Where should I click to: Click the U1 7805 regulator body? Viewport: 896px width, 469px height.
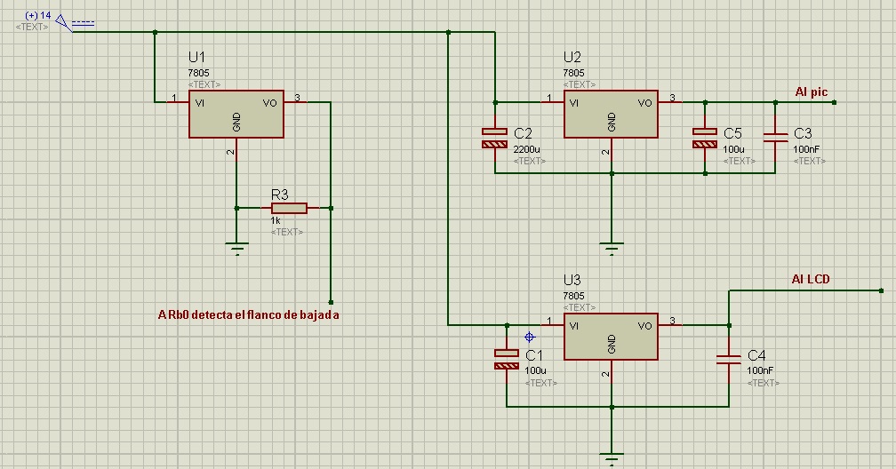[236, 115]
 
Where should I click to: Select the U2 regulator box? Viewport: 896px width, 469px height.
[611, 115]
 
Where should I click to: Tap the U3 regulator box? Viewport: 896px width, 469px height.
[611, 337]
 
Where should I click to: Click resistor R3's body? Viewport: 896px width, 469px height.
[289, 208]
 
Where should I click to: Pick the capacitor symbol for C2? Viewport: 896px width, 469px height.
[495, 138]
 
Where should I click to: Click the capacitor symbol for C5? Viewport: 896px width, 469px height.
[705, 138]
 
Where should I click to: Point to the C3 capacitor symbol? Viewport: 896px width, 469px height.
[775, 137]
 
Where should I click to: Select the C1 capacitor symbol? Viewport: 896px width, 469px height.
[507, 359]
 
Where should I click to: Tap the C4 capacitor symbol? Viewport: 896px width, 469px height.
[729, 359]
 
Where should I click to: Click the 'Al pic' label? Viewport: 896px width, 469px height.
[811, 92]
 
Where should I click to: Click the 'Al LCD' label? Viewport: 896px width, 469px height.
[811, 279]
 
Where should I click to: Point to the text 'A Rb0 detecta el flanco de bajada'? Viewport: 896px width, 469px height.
[249, 314]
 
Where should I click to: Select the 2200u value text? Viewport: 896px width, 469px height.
[526, 149]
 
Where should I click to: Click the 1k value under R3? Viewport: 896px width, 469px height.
[276, 220]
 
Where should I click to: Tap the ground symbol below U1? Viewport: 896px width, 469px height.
[236, 249]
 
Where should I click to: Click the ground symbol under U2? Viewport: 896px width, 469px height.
[612, 249]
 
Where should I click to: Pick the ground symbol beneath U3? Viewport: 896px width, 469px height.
[612, 458]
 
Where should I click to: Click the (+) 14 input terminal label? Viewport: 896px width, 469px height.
[38, 15]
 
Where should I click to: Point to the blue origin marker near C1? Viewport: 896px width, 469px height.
[529, 337]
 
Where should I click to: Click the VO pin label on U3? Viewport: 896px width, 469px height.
[644, 326]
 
